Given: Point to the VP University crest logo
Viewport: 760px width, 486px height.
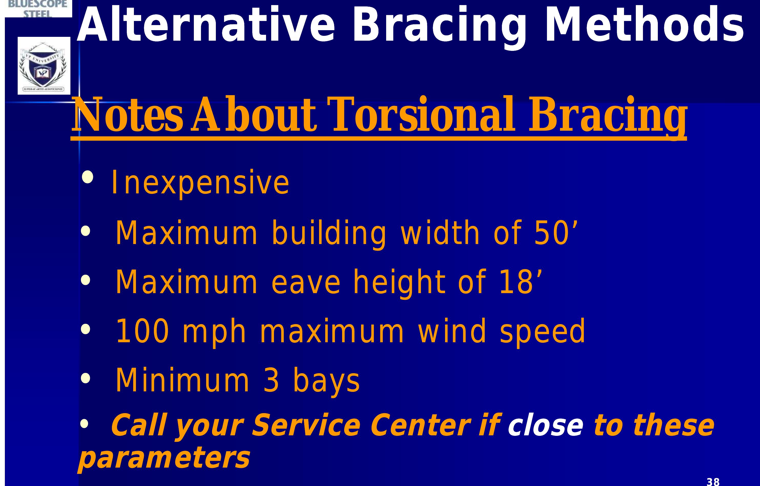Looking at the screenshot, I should coord(44,66).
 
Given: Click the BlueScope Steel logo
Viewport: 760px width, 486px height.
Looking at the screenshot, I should coord(38,8).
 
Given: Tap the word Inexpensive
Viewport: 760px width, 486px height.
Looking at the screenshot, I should coord(200,182).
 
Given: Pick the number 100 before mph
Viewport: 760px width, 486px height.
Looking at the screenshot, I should coord(142,331).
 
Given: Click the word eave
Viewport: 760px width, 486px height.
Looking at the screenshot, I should coord(306,282).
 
